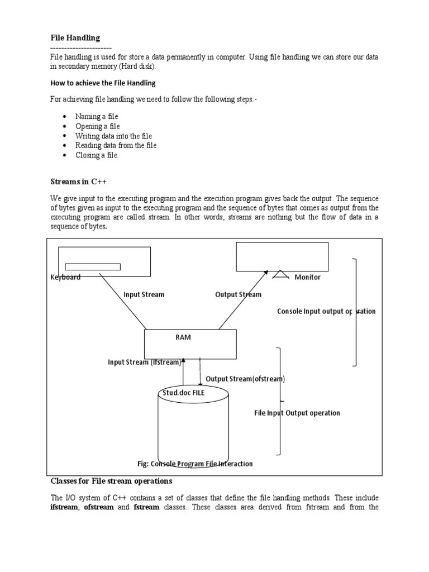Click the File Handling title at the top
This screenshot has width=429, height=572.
pos(75,38)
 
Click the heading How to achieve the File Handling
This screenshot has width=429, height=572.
pos(103,83)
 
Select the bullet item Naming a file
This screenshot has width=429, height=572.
pos(97,116)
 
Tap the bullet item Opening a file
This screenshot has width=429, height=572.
pos(98,126)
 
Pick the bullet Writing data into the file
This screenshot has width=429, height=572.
pos(113,136)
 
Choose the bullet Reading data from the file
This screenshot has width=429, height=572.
pos(116,145)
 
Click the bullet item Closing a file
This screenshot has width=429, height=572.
pos(97,155)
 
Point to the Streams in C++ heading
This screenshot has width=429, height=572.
pos(78,181)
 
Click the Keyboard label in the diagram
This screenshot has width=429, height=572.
pos(65,277)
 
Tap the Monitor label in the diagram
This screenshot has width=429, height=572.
pos(308,277)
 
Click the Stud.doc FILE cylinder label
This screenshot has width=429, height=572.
pos(184,393)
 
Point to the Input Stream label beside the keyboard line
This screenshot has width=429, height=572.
pos(144,294)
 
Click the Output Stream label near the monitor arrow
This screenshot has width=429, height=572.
pos(238,294)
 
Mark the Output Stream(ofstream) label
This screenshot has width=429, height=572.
pos(245,379)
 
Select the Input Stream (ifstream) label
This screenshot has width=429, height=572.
pos(145,362)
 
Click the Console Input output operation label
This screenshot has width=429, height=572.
pos(326,311)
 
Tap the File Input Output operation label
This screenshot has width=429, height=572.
pos(297,413)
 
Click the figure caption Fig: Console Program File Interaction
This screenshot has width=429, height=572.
pos(195,464)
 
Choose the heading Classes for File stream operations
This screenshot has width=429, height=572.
pos(112,480)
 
